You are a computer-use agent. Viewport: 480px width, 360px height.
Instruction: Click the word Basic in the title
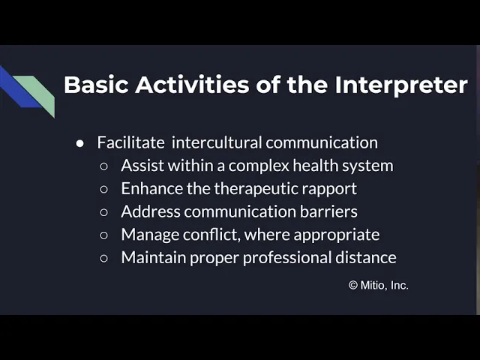coord(96,85)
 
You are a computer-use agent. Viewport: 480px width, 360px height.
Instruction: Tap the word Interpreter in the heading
coord(401,85)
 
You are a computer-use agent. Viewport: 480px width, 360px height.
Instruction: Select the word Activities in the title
coord(192,85)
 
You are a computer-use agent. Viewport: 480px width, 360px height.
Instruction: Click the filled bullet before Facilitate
coord(80,143)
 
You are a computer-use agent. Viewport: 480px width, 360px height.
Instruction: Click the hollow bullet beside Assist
coord(103,166)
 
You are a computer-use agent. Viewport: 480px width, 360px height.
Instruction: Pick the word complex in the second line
coord(259,166)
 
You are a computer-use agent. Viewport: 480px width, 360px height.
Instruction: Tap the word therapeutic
coord(256,189)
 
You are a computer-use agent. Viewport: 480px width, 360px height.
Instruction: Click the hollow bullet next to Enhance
coord(103,189)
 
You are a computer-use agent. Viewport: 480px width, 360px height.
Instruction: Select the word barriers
coord(328,211)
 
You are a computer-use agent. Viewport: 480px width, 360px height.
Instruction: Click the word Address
coord(151,211)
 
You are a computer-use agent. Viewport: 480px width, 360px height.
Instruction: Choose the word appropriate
coord(337,235)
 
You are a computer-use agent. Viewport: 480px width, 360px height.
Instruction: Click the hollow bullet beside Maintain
coord(103,258)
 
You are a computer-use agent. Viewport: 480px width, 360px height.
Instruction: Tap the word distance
coord(366,257)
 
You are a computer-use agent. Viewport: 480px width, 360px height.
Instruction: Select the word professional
coord(287,258)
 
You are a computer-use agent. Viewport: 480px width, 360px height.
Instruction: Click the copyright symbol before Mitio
coord(353,285)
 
